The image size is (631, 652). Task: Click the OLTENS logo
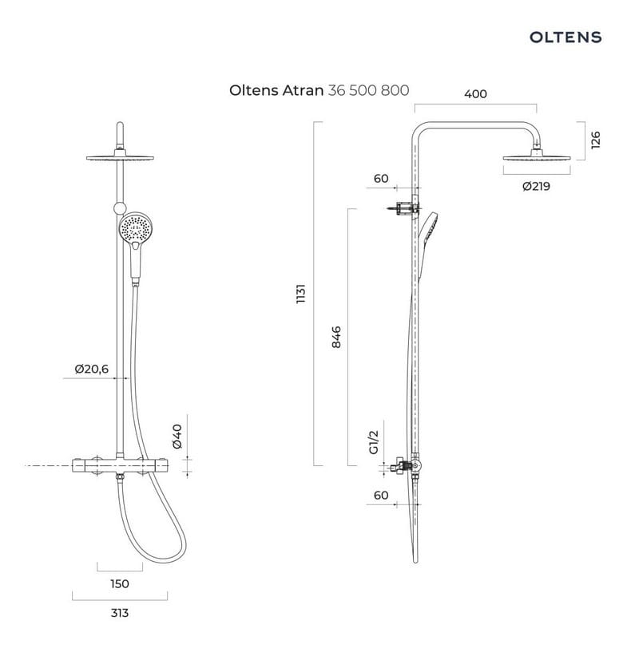[566, 37]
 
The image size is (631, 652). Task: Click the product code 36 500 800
[368, 90]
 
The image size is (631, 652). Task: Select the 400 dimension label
[475, 94]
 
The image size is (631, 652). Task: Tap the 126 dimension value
[596, 140]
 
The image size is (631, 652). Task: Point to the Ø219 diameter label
[536, 186]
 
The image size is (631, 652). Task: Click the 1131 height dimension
[300, 294]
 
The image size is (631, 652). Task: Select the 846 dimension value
[336, 337]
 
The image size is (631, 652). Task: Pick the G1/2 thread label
[374, 442]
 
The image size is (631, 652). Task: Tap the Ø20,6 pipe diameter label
[92, 369]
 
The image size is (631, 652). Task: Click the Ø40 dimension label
[177, 437]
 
